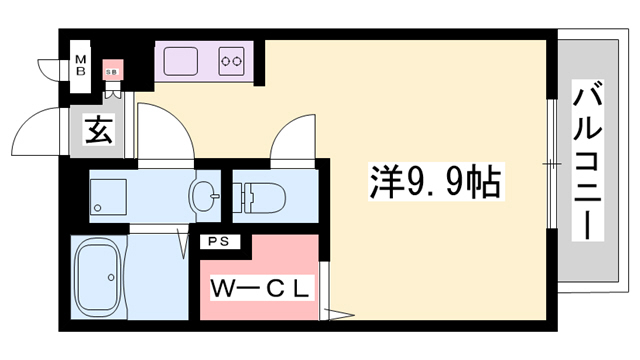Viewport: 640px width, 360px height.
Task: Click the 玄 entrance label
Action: click(x=97, y=130)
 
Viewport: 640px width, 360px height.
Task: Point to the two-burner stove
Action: click(x=232, y=60)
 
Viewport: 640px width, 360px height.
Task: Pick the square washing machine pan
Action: click(x=107, y=195)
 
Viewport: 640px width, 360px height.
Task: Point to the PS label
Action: click(x=217, y=241)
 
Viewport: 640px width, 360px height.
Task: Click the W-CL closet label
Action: click(x=262, y=288)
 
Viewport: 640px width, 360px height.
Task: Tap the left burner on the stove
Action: click(x=226, y=60)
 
